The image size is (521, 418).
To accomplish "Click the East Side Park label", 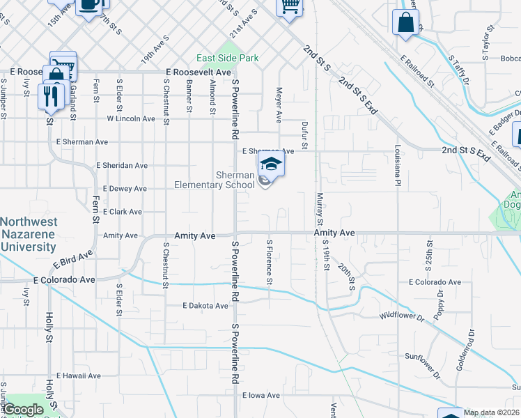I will (x=227, y=58).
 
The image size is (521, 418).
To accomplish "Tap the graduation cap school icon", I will (x=272, y=164).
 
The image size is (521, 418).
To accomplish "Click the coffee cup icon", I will (x=88, y=6).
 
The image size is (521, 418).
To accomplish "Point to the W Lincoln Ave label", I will (x=130, y=118).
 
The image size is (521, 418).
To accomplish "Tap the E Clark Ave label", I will (x=122, y=212).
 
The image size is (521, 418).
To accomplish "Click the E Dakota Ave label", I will (x=205, y=306).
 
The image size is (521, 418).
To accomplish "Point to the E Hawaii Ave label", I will (x=78, y=376).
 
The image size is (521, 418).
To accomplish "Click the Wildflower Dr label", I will (x=401, y=316).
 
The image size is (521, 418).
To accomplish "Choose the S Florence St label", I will (x=269, y=262).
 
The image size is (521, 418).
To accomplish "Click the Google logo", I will (x=23, y=410).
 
